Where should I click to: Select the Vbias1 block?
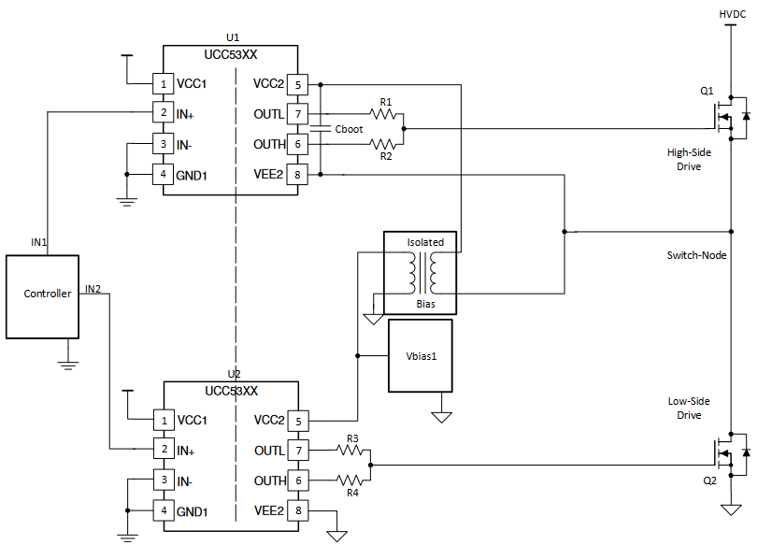pyautogui.click(x=420, y=355)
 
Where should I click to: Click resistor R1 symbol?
pyautogui.click(x=384, y=114)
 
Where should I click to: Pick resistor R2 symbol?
pyautogui.click(x=384, y=144)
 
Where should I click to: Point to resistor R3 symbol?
pyautogui.click(x=351, y=451)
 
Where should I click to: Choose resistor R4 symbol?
pyautogui.click(x=351, y=480)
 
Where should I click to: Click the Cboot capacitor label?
pyautogui.click(x=349, y=129)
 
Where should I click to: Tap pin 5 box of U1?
pyautogui.click(x=297, y=84)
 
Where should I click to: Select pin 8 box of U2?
pyautogui.click(x=297, y=510)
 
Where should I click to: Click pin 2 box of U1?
pyautogui.click(x=164, y=113)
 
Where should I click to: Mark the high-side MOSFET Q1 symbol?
pyautogui.click(x=729, y=115)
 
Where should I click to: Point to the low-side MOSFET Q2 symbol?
pyautogui.click(x=729, y=452)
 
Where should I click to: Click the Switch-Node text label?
pyautogui.click(x=696, y=255)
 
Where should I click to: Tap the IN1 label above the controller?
pyautogui.click(x=39, y=242)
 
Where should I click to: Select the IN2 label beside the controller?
pyautogui.click(x=93, y=288)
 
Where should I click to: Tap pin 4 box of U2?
pyautogui.click(x=164, y=510)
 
